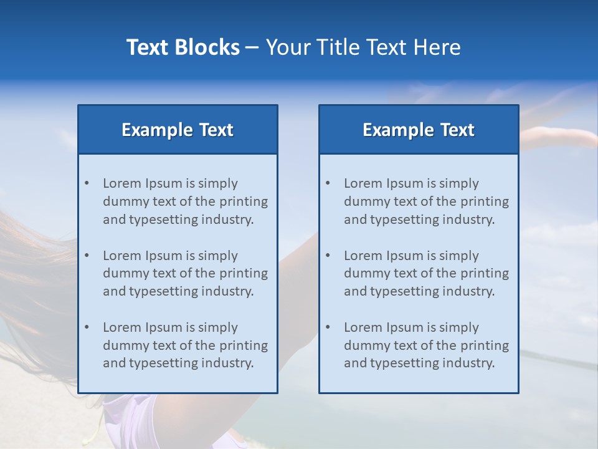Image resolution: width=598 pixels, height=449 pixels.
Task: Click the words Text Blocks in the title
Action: pyautogui.click(x=183, y=47)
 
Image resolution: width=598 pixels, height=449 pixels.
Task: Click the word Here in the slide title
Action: pyautogui.click(x=440, y=47)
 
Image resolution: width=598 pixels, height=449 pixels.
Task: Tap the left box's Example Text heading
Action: pyautogui.click(x=178, y=130)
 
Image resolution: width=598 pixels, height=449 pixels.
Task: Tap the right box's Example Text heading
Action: pyautogui.click(x=419, y=130)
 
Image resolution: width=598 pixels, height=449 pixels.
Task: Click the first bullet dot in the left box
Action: pyautogui.click(x=87, y=183)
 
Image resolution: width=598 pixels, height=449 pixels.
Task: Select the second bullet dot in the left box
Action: pyautogui.click(x=87, y=256)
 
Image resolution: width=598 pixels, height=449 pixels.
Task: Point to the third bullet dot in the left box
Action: pyautogui.click(x=87, y=327)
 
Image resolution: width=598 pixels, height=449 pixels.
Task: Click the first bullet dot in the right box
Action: pyautogui.click(x=328, y=183)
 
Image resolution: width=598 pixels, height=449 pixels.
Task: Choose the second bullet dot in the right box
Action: pyautogui.click(x=328, y=256)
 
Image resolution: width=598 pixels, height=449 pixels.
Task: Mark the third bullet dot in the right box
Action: pyautogui.click(x=328, y=327)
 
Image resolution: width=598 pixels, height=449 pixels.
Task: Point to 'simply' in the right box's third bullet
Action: pyautogui.click(x=459, y=327)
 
